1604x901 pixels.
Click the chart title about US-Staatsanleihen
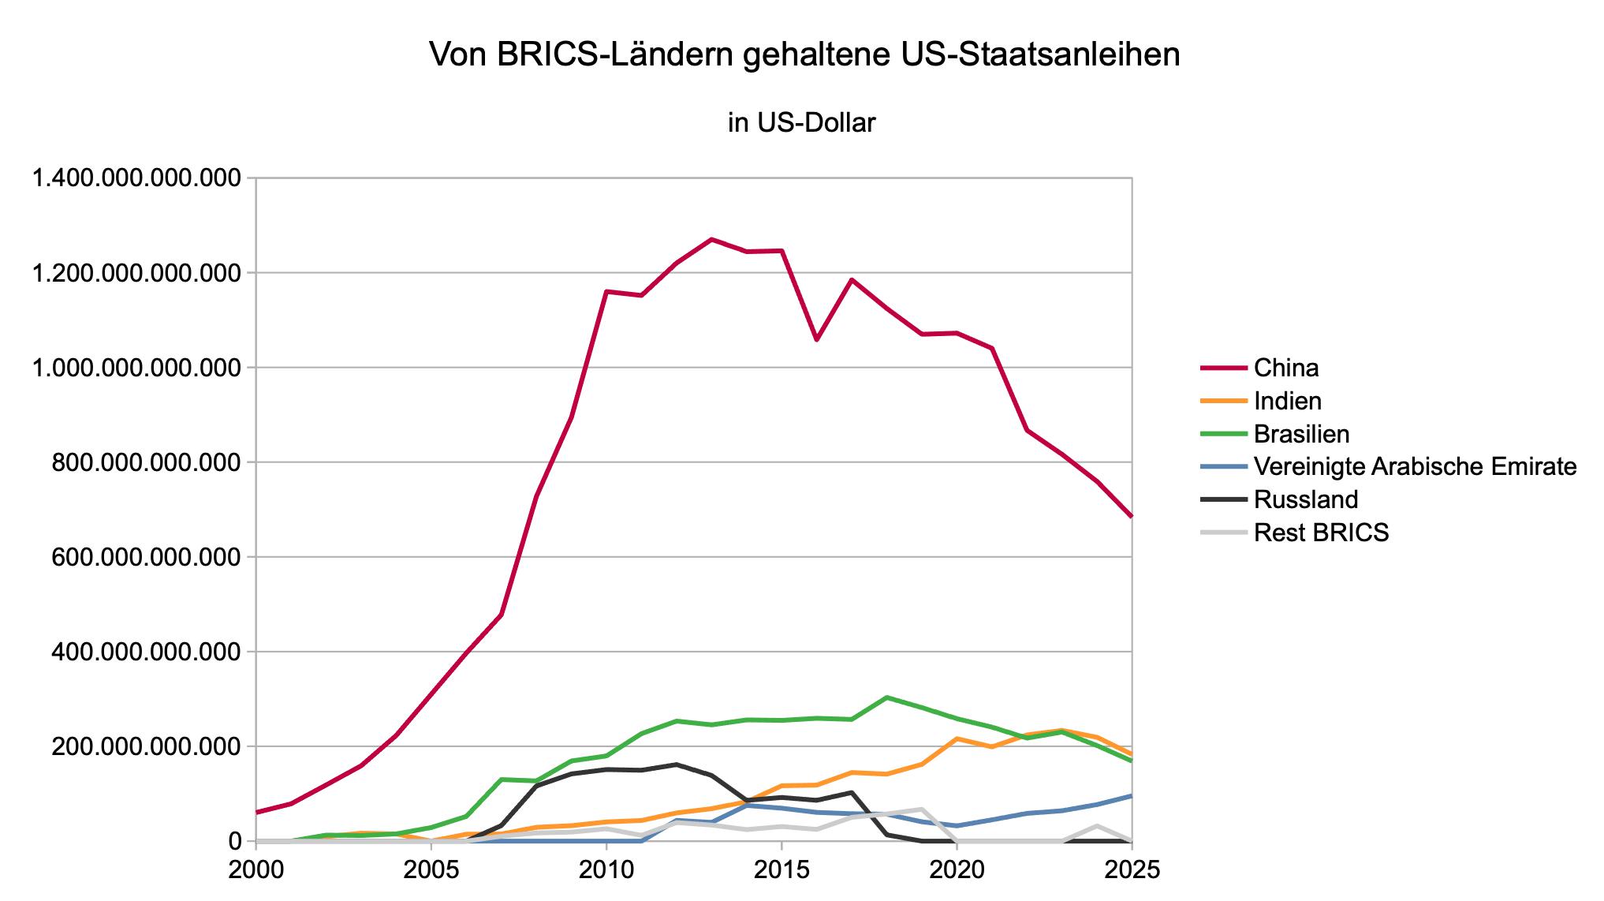tap(804, 55)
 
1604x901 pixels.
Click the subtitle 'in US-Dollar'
tap(801, 123)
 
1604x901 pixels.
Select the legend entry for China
tap(1285, 368)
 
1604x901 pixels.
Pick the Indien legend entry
tap(1287, 401)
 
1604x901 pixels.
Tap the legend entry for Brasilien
tap(1301, 434)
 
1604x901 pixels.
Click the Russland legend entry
tap(1305, 499)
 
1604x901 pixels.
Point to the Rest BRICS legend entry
tap(1321, 533)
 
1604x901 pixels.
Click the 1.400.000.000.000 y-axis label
tap(134, 179)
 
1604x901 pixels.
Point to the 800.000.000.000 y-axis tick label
tap(145, 462)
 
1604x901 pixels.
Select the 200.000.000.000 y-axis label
tap(145, 746)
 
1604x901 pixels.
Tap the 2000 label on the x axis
tap(256, 869)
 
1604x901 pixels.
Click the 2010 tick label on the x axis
tap(606, 869)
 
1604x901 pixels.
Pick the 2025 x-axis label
tap(1131, 869)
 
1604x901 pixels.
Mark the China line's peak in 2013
tap(711, 239)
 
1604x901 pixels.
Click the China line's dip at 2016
tap(817, 339)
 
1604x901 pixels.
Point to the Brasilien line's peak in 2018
tap(887, 697)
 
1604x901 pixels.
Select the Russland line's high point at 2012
tap(677, 764)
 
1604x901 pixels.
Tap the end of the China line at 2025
tap(1131, 516)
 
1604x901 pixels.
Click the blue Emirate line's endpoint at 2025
tap(1131, 796)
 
